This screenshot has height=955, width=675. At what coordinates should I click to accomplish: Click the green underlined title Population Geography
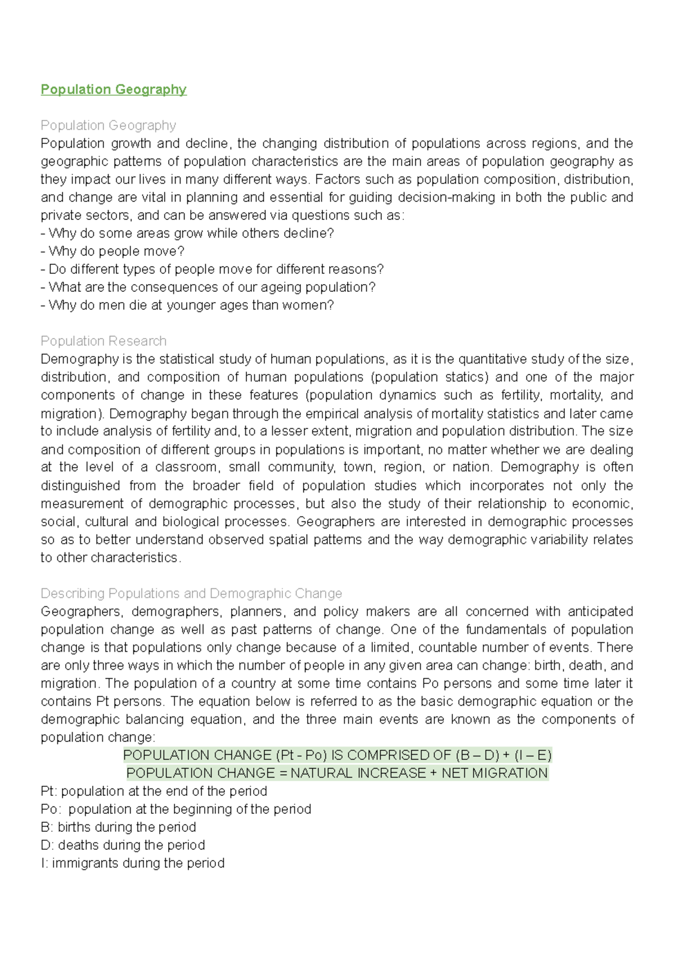click(x=113, y=89)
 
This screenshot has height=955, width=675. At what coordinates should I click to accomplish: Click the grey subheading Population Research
click(x=103, y=341)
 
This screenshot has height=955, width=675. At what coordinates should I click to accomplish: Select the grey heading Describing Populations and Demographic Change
click(x=191, y=593)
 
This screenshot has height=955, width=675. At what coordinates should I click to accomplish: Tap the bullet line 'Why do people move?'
click(x=112, y=251)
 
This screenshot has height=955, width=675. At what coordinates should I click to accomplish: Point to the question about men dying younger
click(x=187, y=305)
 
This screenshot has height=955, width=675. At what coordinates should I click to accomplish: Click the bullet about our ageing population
click(x=208, y=287)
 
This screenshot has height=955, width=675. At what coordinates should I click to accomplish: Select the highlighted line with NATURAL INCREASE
click(x=337, y=773)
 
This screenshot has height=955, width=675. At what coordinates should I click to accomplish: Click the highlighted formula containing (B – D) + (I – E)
click(x=337, y=755)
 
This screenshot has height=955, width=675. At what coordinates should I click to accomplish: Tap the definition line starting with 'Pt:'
click(x=154, y=791)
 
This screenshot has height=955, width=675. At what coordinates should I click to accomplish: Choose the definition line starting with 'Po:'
click(x=175, y=809)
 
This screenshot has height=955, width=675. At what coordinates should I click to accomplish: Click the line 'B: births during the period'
click(x=118, y=827)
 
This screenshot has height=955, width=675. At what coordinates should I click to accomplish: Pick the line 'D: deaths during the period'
click(x=123, y=845)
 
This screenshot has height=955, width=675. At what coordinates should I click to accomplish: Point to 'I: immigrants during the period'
click(x=132, y=863)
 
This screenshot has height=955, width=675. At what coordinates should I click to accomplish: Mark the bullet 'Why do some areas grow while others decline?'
click(x=187, y=233)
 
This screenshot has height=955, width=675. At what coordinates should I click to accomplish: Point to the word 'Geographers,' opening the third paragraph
click(x=80, y=611)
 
